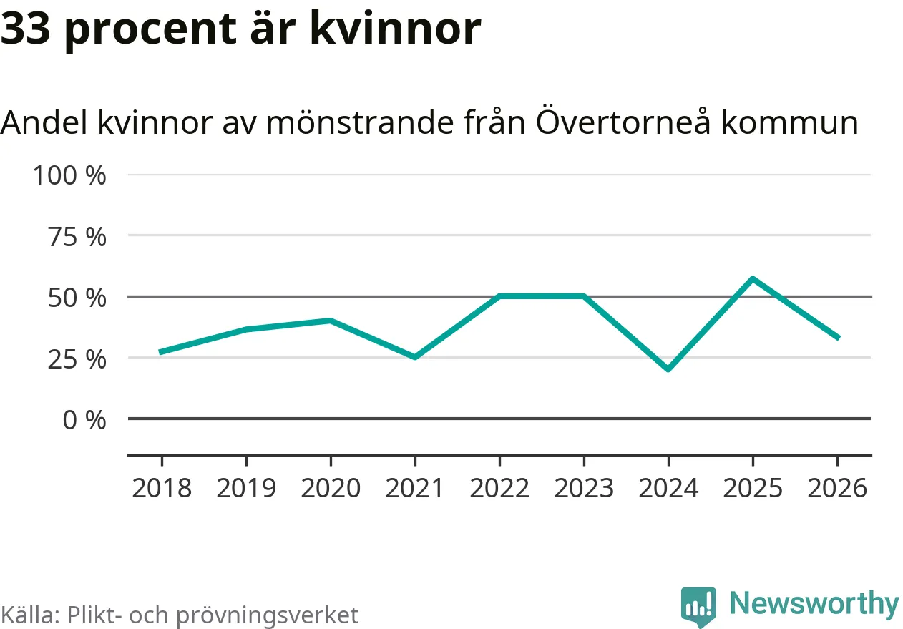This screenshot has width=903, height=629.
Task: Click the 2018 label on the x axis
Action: (162, 488)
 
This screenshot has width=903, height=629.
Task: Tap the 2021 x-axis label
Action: (415, 488)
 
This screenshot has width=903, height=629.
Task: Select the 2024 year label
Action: (668, 488)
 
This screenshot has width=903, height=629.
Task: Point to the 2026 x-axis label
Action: (837, 488)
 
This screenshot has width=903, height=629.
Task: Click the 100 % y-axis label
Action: (69, 175)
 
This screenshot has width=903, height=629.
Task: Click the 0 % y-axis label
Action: (84, 420)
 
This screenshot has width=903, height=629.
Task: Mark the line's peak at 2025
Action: (753, 278)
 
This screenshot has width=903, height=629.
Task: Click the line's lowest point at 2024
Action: (668, 369)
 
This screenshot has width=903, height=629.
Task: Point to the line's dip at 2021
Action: (415, 357)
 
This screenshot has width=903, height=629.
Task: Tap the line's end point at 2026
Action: (837, 338)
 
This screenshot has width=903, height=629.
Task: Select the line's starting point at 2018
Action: (162, 352)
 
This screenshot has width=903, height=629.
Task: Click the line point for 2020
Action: (331, 321)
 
